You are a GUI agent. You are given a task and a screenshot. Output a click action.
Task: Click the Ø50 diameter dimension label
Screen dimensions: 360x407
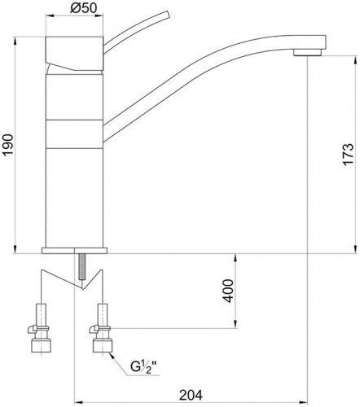(x=83, y=8)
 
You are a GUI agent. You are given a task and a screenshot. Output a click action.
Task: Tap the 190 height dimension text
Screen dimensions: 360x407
(x=8, y=144)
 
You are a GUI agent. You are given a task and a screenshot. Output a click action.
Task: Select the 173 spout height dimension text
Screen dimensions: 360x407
(x=349, y=154)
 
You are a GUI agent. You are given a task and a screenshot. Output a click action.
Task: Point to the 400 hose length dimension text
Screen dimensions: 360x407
(x=228, y=291)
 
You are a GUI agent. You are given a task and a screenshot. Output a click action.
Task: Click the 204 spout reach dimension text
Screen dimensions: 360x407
(x=191, y=395)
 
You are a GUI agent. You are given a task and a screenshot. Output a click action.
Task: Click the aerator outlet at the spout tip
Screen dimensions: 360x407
(x=308, y=52)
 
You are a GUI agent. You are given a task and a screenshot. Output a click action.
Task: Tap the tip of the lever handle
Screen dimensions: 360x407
(x=167, y=15)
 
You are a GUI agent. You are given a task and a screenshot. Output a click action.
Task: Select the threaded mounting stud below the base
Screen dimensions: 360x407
(x=81, y=266)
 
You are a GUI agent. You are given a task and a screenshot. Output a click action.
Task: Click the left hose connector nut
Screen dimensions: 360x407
(x=41, y=346)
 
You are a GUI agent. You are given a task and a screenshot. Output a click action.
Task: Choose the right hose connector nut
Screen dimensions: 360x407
(x=102, y=346)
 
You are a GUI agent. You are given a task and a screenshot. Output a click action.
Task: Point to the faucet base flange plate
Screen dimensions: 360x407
(x=74, y=251)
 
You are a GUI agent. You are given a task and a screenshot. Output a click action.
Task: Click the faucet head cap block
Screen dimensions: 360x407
(x=74, y=53)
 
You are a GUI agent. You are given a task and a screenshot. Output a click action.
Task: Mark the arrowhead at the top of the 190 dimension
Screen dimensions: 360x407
(x=15, y=42)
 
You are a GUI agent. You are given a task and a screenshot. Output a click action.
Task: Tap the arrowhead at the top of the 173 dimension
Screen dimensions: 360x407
(x=355, y=60)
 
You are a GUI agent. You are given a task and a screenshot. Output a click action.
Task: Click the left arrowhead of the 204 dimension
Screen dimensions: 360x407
(x=78, y=402)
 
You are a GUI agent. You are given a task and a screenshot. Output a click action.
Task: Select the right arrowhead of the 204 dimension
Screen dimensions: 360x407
(x=303, y=402)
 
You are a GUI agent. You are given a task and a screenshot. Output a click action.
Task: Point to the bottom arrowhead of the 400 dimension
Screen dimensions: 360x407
(x=235, y=324)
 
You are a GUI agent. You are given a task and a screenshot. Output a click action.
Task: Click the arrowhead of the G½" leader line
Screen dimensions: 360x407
(x=112, y=356)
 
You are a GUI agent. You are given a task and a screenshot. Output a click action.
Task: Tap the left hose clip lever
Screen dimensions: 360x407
(x=31, y=330)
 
